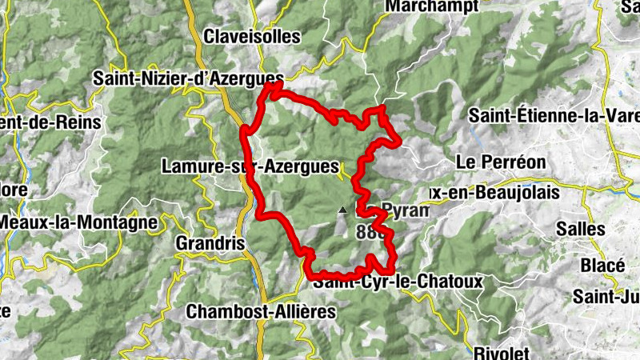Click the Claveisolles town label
tap(251, 37)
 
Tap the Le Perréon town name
tap(490, 161)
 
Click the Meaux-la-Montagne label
tap(78, 222)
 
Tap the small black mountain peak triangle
tap(342, 210)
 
